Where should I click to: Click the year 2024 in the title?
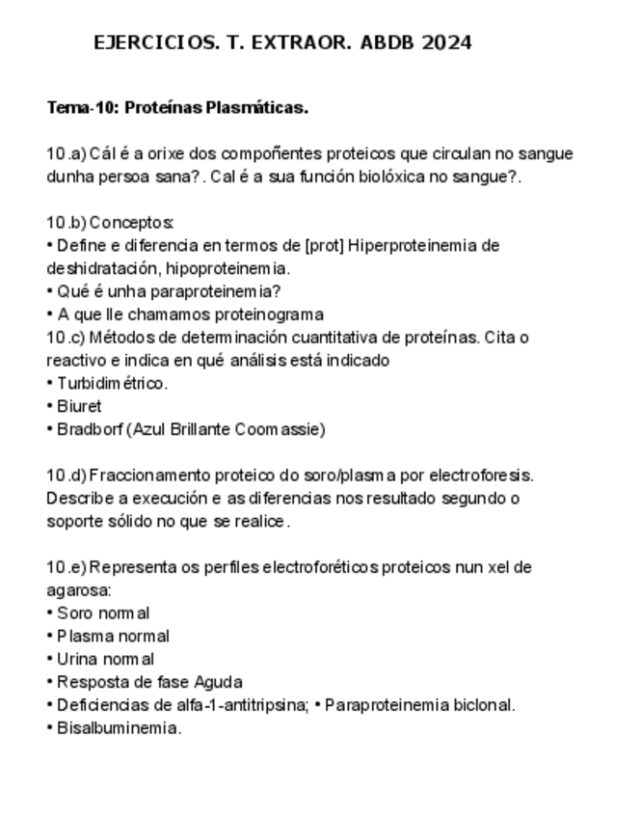(446, 42)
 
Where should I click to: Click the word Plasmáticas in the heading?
(256, 108)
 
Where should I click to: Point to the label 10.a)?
(67, 154)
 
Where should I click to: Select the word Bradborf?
(90, 429)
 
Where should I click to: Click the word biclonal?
(482, 705)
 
